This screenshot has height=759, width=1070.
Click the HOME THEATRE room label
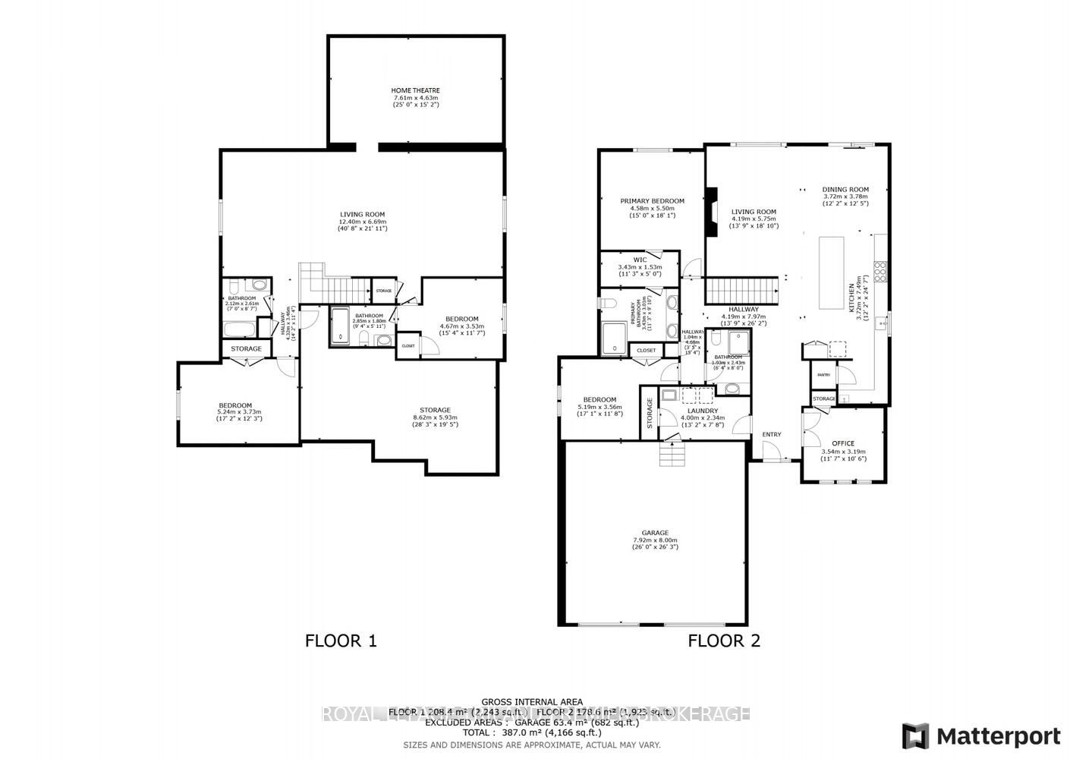[x=415, y=90]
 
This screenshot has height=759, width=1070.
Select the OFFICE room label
[x=843, y=443]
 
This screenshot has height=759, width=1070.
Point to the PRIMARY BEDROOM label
[x=652, y=201]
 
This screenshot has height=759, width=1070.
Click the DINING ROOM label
[x=845, y=190]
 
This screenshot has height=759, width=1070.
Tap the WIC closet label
[x=640, y=260]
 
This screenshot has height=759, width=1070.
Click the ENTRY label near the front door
[x=771, y=434]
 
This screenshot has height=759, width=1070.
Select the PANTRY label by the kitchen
[x=823, y=375]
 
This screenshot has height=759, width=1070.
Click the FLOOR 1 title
[x=341, y=641]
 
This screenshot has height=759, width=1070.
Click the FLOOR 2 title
[x=723, y=641]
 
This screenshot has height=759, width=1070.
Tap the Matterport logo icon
[x=915, y=736]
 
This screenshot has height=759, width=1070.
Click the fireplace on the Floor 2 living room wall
[x=712, y=212]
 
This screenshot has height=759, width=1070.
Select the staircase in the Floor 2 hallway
[x=742, y=290]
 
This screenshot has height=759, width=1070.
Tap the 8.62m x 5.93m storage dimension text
[x=435, y=417]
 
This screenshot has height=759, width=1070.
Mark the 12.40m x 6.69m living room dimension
[x=362, y=221]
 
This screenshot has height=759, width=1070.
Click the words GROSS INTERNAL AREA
[x=532, y=701]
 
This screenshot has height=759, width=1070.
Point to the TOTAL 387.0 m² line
[x=532, y=732]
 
